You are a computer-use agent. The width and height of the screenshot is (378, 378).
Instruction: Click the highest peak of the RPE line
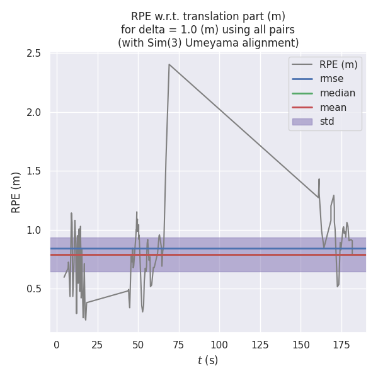[x=169, y=64]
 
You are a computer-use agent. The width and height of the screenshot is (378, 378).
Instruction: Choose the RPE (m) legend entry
[x=337, y=64]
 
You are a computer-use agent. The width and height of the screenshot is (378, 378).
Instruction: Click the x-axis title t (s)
[x=208, y=360]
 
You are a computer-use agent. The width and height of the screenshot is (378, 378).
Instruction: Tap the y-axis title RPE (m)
[x=16, y=192]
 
